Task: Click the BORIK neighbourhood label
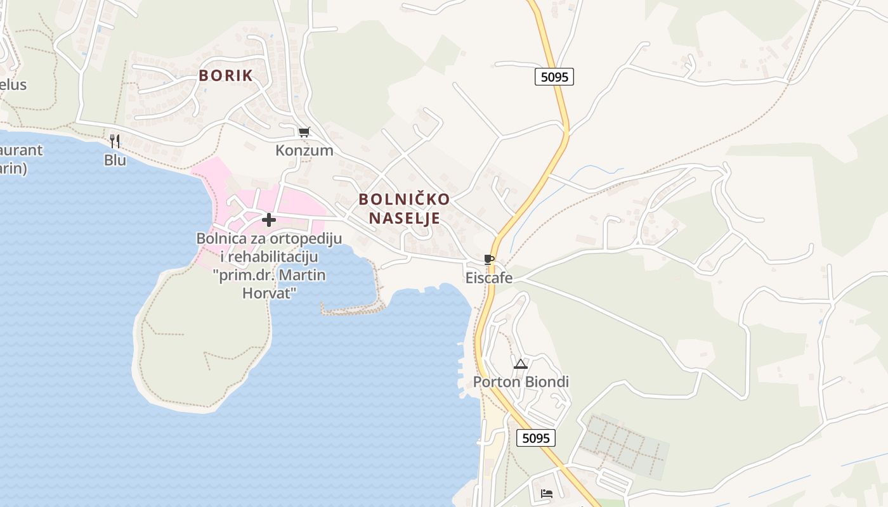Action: tap(226, 75)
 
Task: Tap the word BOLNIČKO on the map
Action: tap(404, 199)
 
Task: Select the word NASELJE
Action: tap(404, 219)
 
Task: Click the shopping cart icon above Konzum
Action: tap(304, 132)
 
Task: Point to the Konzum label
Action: tap(304, 151)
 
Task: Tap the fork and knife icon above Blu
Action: tap(115, 141)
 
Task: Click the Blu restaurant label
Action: tap(115, 160)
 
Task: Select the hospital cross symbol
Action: tap(269, 220)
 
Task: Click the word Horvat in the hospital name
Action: tap(270, 293)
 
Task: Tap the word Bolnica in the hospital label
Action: tap(219, 239)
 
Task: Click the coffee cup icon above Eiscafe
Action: tap(488, 259)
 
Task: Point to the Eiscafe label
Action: tap(488, 278)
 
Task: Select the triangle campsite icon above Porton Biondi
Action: tap(521, 364)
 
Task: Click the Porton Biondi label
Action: tap(521, 382)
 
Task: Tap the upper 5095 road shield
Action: tap(554, 77)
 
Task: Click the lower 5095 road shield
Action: tap(535, 438)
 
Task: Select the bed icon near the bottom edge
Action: tap(547, 493)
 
